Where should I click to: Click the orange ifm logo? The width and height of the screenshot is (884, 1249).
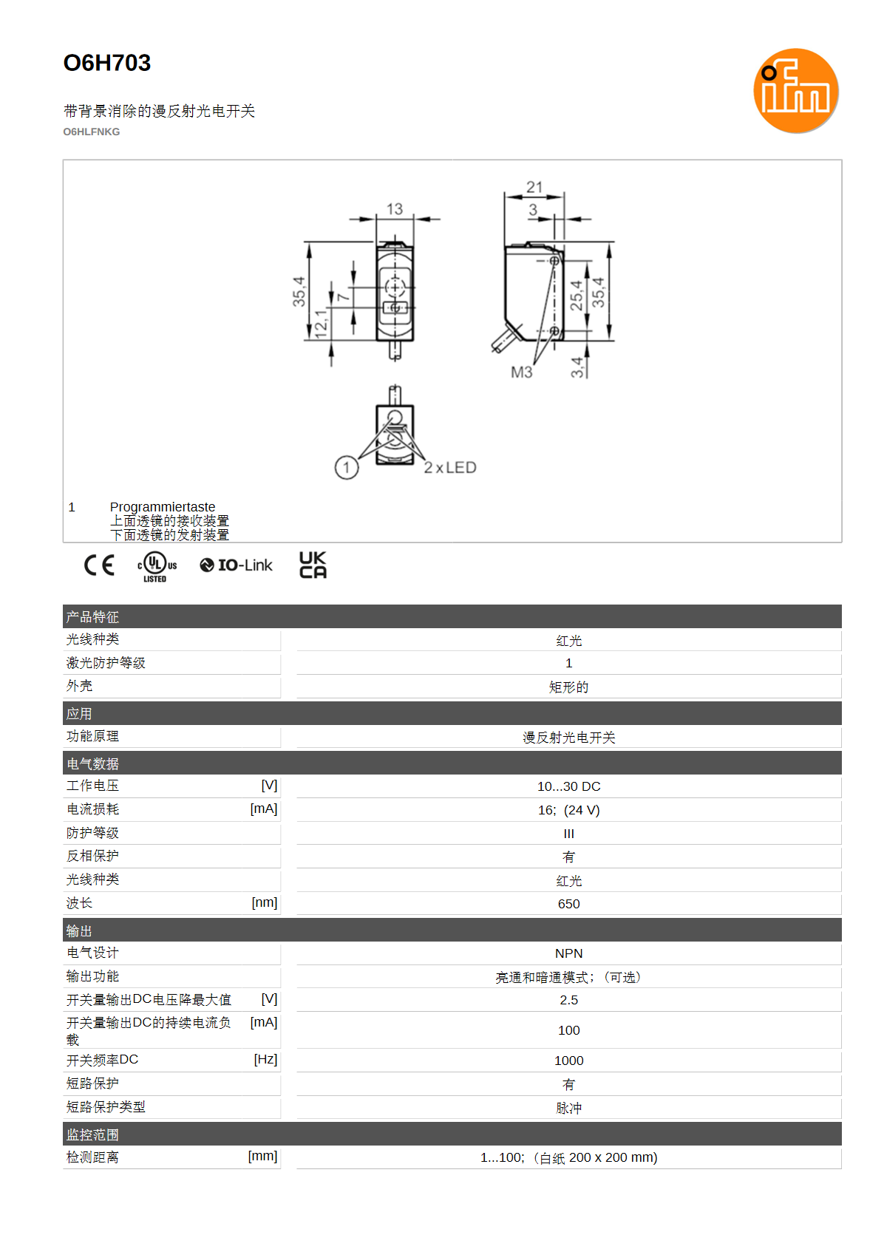tap(795, 90)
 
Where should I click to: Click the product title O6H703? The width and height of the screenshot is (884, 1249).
tap(107, 63)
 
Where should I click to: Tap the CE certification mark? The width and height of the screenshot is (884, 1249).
tap(99, 565)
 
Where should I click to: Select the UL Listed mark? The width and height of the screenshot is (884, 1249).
tap(157, 567)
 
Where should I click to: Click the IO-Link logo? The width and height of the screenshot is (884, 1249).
tap(236, 565)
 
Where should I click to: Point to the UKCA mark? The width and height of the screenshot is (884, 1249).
tap(313, 565)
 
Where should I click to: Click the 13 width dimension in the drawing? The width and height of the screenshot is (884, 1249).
tap(394, 209)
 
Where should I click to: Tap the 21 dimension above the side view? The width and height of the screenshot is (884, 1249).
tap(534, 187)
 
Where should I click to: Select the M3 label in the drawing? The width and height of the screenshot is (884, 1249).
tap(522, 372)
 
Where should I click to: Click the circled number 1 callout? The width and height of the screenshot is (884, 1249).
tap(347, 467)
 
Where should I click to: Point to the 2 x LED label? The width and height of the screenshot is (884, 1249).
tap(450, 467)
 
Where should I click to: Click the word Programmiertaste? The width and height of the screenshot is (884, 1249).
tap(163, 507)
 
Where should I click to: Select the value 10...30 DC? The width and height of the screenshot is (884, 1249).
tap(568, 786)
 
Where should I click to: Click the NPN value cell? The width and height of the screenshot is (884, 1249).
tap(568, 953)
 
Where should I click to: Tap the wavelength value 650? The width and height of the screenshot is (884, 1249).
tap(568, 904)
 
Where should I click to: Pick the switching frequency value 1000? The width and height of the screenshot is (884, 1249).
tap(568, 1061)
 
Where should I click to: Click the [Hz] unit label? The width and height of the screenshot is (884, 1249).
tap(265, 1059)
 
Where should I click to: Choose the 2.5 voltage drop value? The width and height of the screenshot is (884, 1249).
tap(568, 1001)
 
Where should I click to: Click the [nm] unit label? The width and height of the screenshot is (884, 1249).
tap(265, 902)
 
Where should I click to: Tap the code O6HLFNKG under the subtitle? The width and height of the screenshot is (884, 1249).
tap(92, 132)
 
